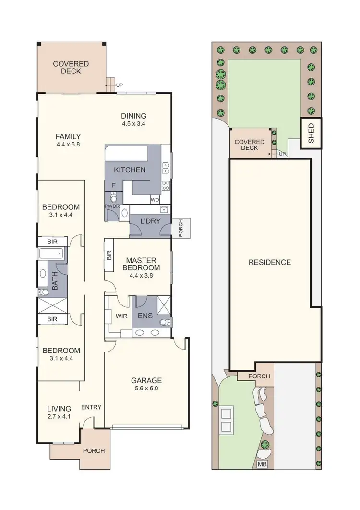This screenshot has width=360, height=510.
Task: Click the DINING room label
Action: point(133,116)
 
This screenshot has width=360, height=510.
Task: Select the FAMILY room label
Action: point(68,136)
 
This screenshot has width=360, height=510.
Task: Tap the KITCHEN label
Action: point(130,170)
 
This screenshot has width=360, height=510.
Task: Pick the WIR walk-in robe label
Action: point(120,316)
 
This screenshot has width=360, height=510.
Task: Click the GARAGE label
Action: point(146,381)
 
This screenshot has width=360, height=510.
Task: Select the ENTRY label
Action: point(91,407)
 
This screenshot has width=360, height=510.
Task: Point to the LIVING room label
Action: point(59,409)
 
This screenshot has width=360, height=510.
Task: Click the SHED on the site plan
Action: point(311,133)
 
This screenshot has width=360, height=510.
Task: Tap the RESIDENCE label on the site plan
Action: point(269,262)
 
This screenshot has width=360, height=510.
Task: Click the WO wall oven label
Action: point(155,199)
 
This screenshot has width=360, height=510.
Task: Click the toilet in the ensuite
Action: point(163,322)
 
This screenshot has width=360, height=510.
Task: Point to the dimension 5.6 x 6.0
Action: point(146,389)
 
